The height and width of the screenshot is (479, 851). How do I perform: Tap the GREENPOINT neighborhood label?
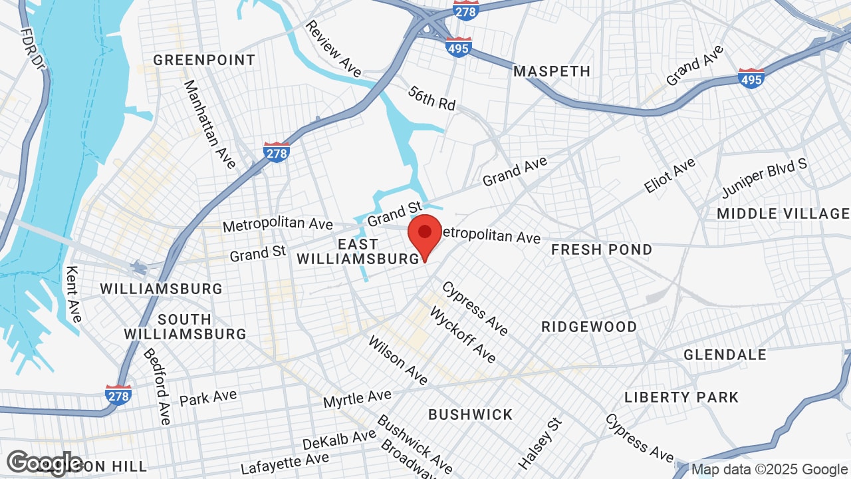click(x=204, y=60)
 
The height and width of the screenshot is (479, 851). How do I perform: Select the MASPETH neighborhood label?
click(x=552, y=71)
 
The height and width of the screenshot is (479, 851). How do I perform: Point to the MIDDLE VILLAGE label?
click(x=783, y=214)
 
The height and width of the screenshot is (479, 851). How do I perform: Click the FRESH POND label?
click(x=602, y=249)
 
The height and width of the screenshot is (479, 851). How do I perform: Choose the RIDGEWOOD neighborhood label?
click(x=589, y=327)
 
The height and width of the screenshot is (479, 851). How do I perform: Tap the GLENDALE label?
click(x=725, y=355)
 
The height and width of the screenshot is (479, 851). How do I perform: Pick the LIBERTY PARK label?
click(x=681, y=397)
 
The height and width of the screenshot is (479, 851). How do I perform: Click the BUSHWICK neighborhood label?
click(x=471, y=414)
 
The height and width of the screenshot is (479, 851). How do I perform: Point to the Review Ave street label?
click(x=333, y=48)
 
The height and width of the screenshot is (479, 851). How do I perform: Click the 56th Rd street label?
click(x=432, y=98)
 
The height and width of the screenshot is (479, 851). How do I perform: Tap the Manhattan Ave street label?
click(x=209, y=124)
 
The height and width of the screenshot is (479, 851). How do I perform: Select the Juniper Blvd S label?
click(x=765, y=178)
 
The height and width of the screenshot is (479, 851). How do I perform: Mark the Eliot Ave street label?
click(x=669, y=175)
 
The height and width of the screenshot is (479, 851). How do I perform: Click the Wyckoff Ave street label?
click(x=463, y=335)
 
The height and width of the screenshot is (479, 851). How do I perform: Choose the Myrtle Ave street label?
click(x=357, y=399)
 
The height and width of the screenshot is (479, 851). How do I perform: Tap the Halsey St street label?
click(x=540, y=442)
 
